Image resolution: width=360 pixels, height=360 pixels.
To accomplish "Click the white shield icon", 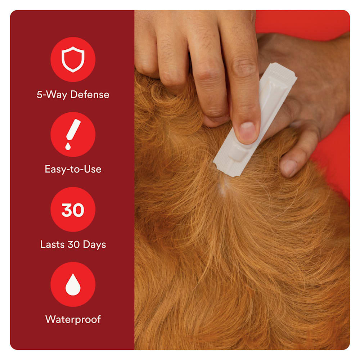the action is point(73,59).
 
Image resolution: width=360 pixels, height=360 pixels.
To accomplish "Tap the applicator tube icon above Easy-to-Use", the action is point(73,130).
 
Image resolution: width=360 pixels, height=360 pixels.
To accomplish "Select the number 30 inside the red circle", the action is point(73,210).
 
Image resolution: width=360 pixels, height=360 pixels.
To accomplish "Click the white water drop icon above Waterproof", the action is point(73,284).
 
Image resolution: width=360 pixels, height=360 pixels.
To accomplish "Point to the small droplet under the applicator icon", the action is point(68,146).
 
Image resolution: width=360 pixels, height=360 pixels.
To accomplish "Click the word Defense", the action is point(90,94).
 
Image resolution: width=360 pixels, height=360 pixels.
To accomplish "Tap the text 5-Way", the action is point(52,95).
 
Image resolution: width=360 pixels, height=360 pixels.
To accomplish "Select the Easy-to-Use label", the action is point(73,169).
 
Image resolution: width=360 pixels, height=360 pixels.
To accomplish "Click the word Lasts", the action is point(52,244).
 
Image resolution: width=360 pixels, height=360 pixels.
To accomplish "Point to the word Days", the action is point(94,244).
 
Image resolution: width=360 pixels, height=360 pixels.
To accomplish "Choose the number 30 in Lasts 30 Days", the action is point(73,244).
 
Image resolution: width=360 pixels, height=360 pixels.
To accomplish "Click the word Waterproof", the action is point(73,319).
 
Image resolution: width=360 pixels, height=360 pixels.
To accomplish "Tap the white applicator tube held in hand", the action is point(255,120).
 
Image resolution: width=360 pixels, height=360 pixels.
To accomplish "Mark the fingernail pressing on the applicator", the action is point(247,132).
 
